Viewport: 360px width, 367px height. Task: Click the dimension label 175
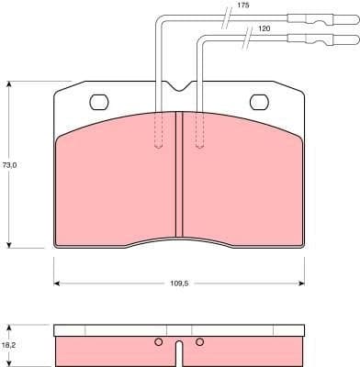pyautogui.click(x=242, y=6)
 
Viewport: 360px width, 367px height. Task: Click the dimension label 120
pyautogui.click(x=264, y=29)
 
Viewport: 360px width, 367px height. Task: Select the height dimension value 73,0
pyautogui.click(x=10, y=165)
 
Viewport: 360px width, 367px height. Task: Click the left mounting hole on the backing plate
pyautogui.click(x=98, y=102)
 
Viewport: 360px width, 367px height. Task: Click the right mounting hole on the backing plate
pyautogui.click(x=260, y=102)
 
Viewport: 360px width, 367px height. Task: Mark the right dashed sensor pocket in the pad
pyautogui.click(x=198, y=130)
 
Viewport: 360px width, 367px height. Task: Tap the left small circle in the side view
pyautogui.click(x=158, y=343)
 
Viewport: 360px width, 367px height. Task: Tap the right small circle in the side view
pyautogui.click(x=198, y=343)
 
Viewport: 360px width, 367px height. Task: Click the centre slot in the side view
pyautogui.click(x=178, y=351)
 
